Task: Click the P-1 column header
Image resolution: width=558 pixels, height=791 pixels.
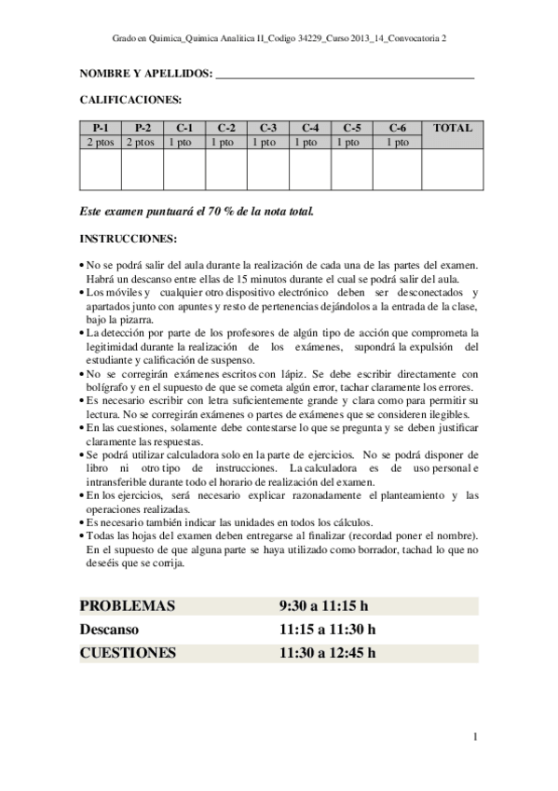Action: [101, 128]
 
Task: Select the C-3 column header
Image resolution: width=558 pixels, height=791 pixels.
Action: [268, 128]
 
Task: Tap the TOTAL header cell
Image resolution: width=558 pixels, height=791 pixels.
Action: [453, 128]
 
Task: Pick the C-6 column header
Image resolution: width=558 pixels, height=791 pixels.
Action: [398, 128]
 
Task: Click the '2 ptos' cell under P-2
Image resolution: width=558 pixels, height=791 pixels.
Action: [143, 142]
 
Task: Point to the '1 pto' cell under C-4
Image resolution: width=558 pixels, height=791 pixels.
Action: [310, 142]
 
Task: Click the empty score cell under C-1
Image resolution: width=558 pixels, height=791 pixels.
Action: [184, 169]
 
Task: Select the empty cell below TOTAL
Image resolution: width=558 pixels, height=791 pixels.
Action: [453, 169]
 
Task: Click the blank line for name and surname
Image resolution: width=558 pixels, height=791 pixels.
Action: [345, 74]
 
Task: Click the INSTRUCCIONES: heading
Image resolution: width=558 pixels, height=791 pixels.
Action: [127, 238]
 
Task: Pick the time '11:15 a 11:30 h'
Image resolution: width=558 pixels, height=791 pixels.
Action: [328, 630]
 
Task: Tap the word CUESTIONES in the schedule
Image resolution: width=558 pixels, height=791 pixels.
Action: [129, 653]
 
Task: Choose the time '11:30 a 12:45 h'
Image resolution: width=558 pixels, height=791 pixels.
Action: [328, 653]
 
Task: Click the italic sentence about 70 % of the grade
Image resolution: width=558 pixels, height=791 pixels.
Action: [197, 211]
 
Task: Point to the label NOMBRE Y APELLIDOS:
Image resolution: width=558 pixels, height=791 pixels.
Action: [146, 74]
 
